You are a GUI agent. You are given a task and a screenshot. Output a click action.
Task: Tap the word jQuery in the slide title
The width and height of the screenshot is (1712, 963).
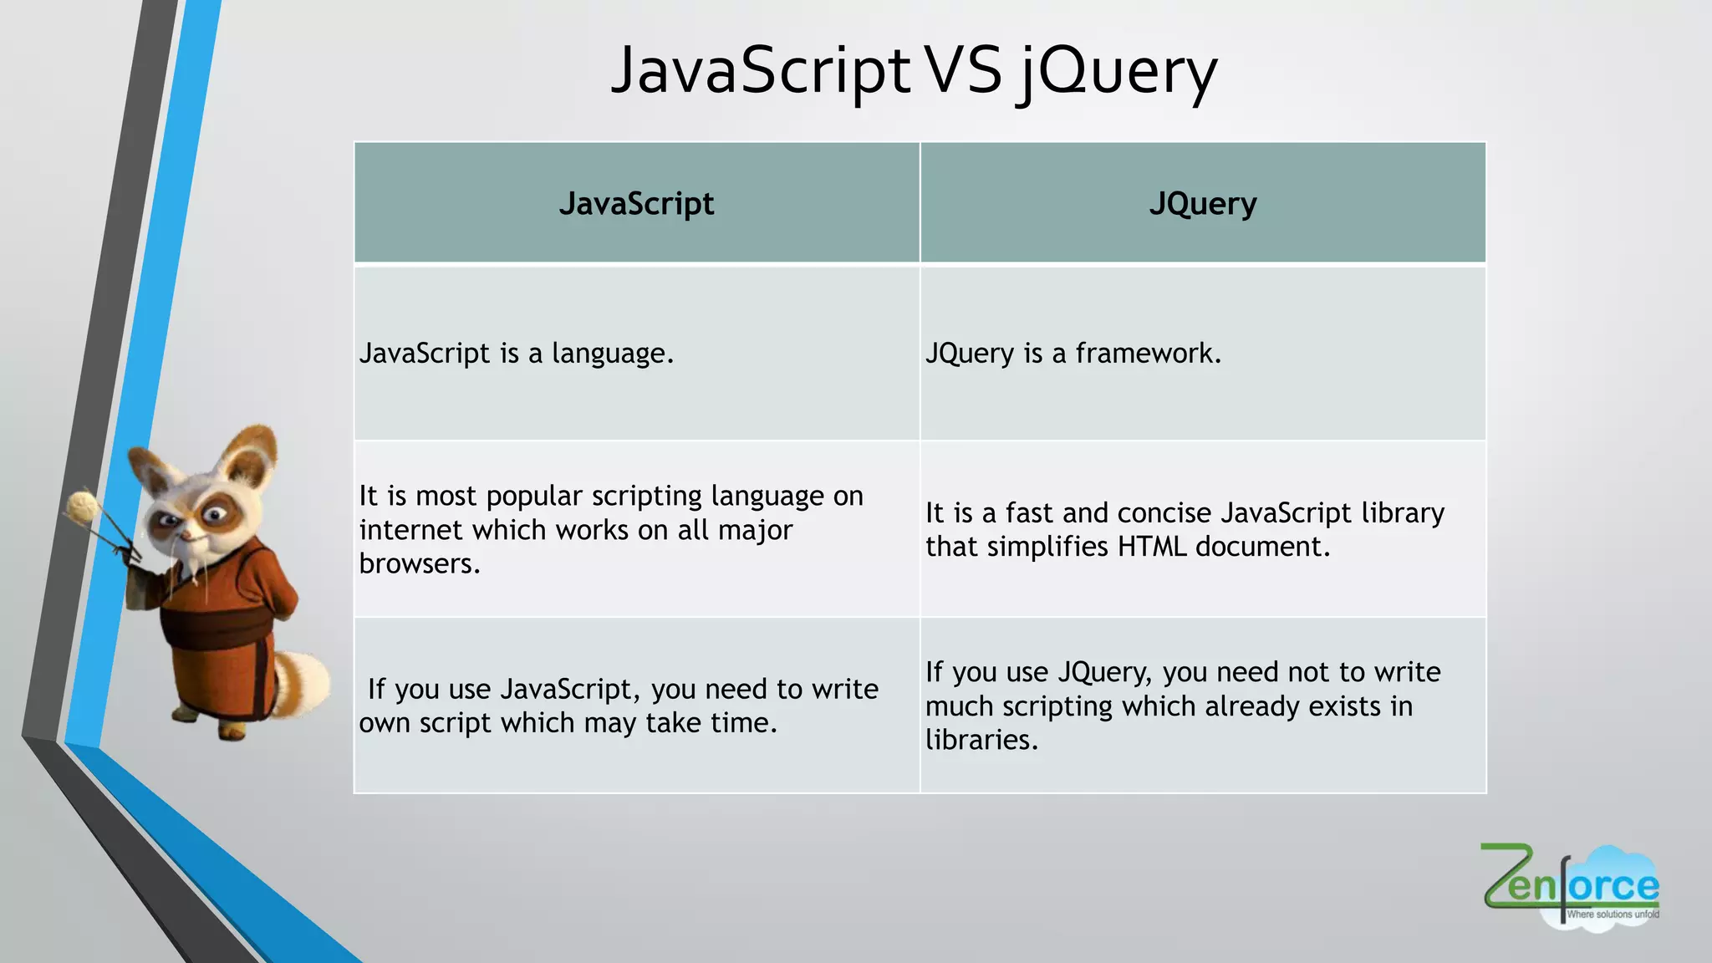click(1117, 74)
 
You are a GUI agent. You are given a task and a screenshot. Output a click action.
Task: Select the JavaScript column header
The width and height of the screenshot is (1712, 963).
click(636, 203)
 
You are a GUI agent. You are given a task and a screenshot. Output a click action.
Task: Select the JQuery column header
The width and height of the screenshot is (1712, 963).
click(1202, 203)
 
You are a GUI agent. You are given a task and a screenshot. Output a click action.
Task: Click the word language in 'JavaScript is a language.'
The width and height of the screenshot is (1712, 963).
click(612, 354)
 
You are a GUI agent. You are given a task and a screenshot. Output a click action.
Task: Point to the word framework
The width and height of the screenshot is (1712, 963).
click(1148, 354)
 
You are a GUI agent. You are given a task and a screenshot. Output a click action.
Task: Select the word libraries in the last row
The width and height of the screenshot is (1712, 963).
click(981, 740)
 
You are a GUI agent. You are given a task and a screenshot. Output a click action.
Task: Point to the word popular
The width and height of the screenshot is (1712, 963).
click(533, 497)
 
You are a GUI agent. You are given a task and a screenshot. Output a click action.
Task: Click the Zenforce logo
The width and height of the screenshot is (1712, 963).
click(1570, 884)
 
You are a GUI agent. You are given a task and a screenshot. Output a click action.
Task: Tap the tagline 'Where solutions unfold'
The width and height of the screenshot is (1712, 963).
click(1612, 915)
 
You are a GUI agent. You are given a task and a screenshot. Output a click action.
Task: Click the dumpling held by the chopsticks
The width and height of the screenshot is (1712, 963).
click(84, 507)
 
